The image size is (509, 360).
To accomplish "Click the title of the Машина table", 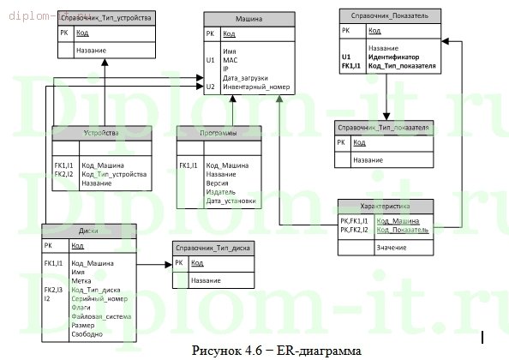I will click(x=249, y=18).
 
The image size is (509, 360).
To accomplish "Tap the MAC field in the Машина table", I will click(x=231, y=61).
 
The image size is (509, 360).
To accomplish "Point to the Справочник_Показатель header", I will click(x=390, y=15).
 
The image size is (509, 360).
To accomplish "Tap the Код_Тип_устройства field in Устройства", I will click(x=114, y=174).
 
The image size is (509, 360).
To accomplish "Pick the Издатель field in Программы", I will click(x=221, y=192).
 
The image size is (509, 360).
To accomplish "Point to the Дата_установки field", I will click(x=231, y=201).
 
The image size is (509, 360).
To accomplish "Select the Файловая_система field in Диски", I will click(x=101, y=316).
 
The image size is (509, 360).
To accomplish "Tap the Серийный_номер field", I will click(x=99, y=298).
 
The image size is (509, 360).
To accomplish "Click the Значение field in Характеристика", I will click(x=391, y=247).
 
